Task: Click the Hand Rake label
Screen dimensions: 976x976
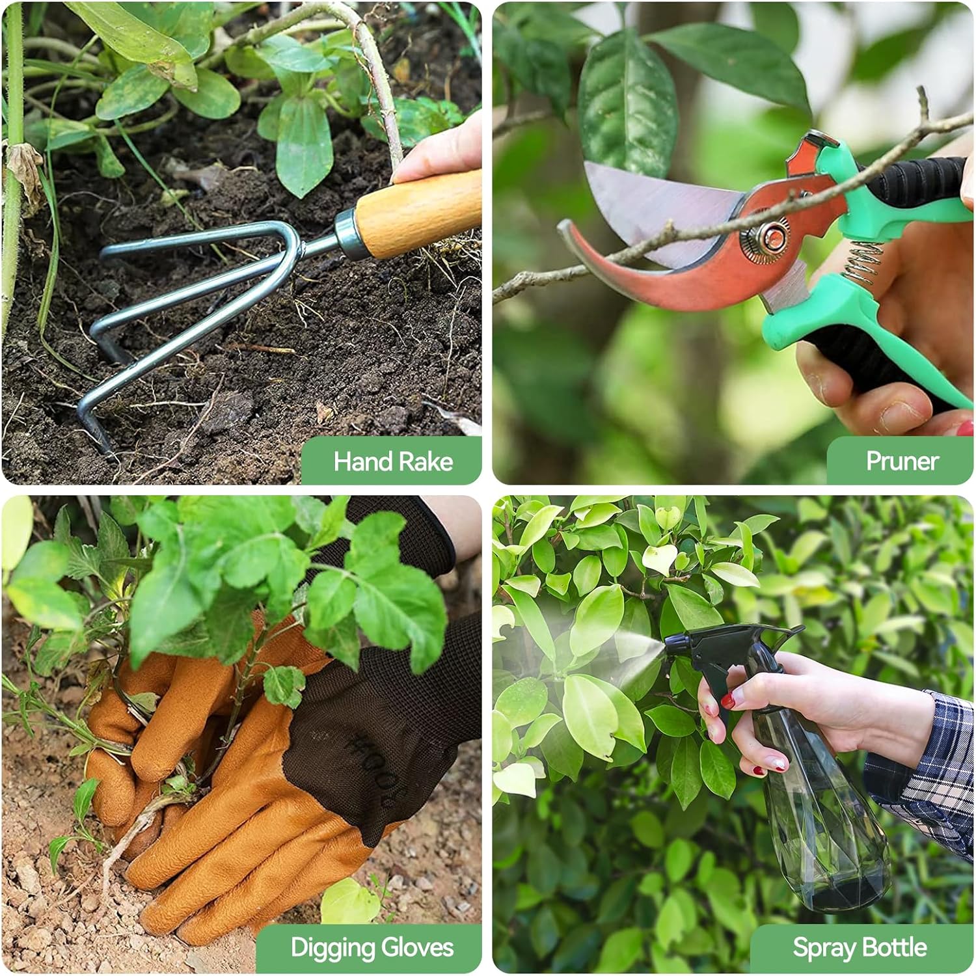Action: coord(393,461)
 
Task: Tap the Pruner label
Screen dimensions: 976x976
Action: coord(902,461)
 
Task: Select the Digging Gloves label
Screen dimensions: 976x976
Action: coord(372,947)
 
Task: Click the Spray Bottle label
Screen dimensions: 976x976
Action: coord(860,947)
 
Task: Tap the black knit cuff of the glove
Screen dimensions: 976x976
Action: coord(403,534)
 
